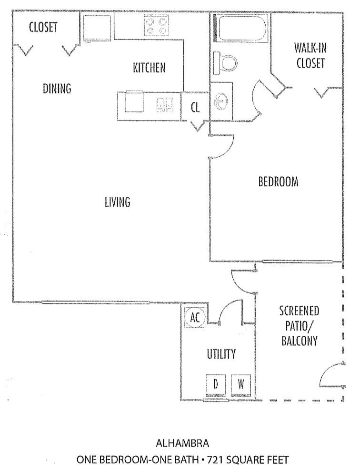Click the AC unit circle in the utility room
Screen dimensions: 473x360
tap(195, 317)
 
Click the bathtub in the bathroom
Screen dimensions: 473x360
tap(240, 28)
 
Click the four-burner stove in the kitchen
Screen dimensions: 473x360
tap(157, 25)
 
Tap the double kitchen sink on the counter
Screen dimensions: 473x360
tap(165, 103)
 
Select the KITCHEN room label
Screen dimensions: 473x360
tap(149, 68)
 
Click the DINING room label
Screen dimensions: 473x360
tap(57, 89)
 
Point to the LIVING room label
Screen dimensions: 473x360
tap(117, 202)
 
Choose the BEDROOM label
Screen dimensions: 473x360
tap(278, 181)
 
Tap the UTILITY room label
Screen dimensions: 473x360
tap(221, 354)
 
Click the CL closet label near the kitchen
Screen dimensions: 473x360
tap(195, 108)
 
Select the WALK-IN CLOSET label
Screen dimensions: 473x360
tap(310, 55)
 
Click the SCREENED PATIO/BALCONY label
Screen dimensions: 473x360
tap(299, 326)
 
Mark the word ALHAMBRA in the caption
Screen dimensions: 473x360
tap(182, 443)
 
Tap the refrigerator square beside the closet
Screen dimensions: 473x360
tap(97, 27)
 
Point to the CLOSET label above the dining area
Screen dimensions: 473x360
tap(43, 27)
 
